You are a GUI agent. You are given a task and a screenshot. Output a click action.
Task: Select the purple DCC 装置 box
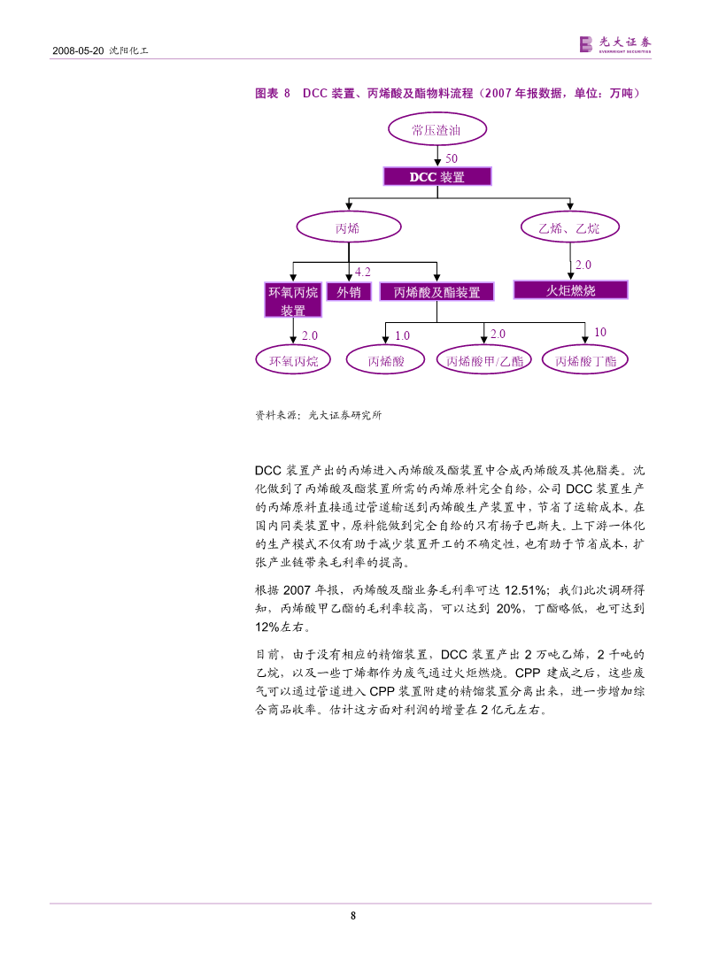[437, 176]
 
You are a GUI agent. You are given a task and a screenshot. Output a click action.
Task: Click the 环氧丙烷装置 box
[293, 300]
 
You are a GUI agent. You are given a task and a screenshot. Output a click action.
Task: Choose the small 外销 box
[349, 292]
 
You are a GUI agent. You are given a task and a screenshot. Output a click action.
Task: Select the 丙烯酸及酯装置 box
[436, 292]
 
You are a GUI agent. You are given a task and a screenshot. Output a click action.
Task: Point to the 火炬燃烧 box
[570, 290]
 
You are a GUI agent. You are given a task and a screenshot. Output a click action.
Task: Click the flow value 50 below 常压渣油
[452, 158]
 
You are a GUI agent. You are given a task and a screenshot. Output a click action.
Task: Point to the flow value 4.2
[363, 272]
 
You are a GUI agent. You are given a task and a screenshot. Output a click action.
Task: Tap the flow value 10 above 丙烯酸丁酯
[600, 332]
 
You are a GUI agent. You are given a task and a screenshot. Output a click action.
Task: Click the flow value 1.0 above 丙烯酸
[402, 335]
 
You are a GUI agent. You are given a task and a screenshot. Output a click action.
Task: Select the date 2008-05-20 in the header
[78, 50]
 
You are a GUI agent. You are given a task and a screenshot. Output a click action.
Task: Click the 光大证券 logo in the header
[614, 44]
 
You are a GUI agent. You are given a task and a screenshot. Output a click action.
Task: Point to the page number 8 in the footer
[353, 915]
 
